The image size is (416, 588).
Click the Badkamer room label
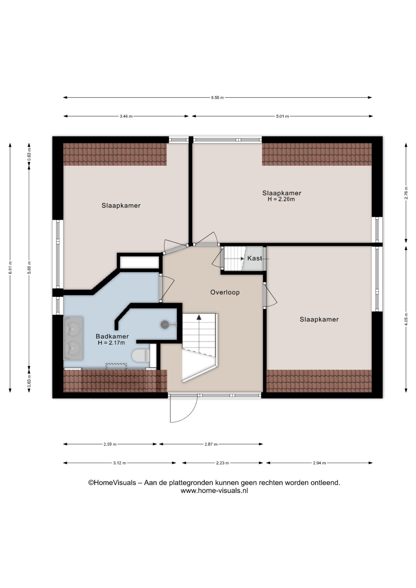[x=112, y=336]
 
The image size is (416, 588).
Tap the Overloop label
[x=225, y=292]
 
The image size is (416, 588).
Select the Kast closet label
[x=255, y=258]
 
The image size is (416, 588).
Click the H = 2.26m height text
[x=281, y=199]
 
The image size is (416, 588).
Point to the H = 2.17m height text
[x=112, y=343]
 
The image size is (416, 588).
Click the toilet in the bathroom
[x=141, y=356]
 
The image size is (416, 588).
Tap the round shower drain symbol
[x=165, y=324]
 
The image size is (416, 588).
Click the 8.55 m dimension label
[x=217, y=98]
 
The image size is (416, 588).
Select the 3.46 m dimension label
[x=126, y=116]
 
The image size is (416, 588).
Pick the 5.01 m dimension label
[x=282, y=116]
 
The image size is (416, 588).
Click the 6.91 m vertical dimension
[x=10, y=267]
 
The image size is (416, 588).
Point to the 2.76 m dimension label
[x=406, y=193]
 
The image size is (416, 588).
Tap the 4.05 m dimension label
[x=406, y=320]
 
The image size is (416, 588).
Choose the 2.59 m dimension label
[x=110, y=444]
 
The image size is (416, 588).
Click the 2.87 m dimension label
[x=211, y=444]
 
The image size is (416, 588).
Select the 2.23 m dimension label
[x=223, y=463]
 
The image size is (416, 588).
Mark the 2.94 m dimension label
[x=320, y=463]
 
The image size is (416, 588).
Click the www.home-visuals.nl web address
[x=214, y=491]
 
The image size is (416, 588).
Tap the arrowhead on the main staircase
[x=199, y=317]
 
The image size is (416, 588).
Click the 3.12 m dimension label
[x=120, y=463]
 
